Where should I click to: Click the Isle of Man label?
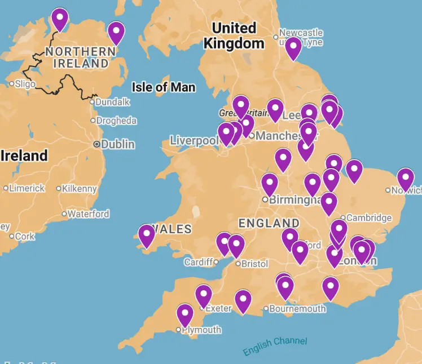tap(164, 87)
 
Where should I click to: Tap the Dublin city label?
tap(118, 144)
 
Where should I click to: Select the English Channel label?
tap(275, 346)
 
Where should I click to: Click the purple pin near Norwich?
tap(405, 179)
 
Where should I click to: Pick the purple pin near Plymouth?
tap(185, 314)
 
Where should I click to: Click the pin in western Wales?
tap(147, 236)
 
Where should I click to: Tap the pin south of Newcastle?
tap(293, 48)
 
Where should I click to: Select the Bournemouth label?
tap(297, 308)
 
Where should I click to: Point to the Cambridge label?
tap(369, 217)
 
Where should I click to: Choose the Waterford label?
tap(89, 214)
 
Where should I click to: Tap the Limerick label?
tap(27, 188)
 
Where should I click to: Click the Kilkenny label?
tap(80, 189)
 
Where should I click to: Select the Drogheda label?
tap(116, 121)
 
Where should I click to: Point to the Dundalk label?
tap(113, 102)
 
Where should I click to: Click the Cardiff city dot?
tap(216, 262)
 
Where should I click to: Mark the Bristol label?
tap(254, 264)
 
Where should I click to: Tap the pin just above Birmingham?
tap(270, 184)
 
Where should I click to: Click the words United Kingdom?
tap(234, 35)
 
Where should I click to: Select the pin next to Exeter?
tap(204, 295)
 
